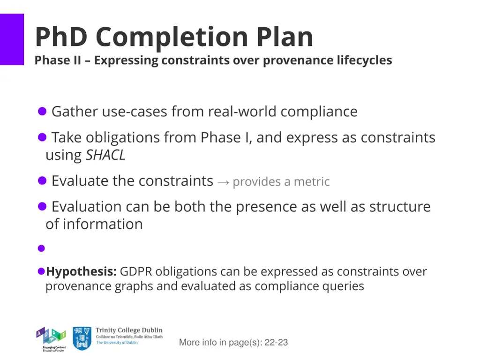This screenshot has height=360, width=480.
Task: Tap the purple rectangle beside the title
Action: click(12, 39)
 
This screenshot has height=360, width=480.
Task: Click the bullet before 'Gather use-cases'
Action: click(42, 112)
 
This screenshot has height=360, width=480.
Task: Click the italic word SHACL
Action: click(105, 155)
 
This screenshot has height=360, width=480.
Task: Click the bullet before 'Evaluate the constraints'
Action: click(42, 181)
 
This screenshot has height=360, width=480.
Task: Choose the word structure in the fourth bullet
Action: click(400, 207)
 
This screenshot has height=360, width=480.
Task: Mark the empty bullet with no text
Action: click(41, 248)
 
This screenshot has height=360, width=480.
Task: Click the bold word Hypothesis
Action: click(81, 271)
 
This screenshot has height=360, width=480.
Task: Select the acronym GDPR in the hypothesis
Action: click(136, 271)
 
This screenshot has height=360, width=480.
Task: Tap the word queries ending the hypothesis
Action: click(343, 286)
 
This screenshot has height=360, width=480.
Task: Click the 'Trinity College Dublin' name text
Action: click(129, 330)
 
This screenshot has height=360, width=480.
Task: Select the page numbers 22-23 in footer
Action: click(276, 343)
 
